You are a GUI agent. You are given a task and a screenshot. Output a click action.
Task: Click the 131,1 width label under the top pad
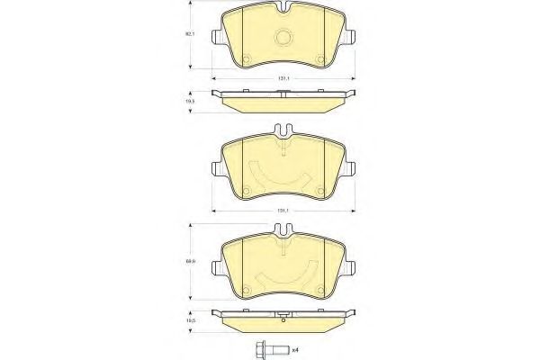coord(282,79)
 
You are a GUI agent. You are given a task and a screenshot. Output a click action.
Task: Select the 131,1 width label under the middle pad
coord(282,211)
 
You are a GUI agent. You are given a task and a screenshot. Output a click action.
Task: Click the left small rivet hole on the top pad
coord(245,60)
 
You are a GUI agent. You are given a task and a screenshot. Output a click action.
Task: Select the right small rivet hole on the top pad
coord(320,60)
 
